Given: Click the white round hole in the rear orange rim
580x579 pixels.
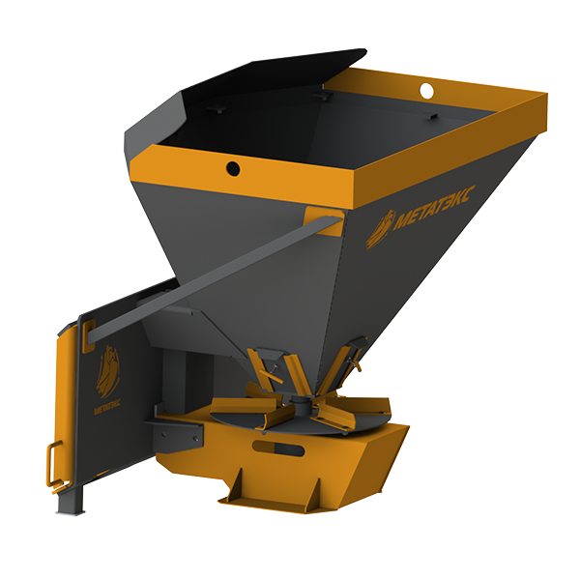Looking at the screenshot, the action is tap(426, 91).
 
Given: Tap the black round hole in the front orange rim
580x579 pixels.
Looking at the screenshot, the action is tap(233, 169).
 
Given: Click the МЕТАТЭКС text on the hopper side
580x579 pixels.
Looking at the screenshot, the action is tap(433, 208).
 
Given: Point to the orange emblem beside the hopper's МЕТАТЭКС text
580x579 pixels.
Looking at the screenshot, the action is tap(381, 229).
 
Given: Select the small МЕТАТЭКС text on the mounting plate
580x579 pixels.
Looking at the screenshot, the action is tap(107, 407).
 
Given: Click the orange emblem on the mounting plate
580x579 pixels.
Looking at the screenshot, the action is tap(107, 372).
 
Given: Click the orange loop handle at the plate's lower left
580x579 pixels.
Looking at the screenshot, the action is tap(55, 465).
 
